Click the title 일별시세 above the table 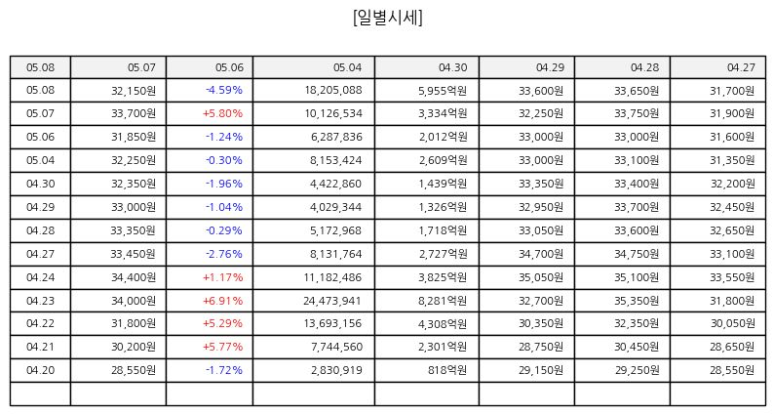tap(388, 18)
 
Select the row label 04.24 tap(41, 277)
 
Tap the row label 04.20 tap(41, 370)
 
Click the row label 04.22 tap(41, 323)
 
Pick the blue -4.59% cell tap(224, 90)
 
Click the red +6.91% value tap(222, 301)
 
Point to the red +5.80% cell tap(222, 113)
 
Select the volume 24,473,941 tap(332, 301)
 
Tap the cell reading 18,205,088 tap(333, 90)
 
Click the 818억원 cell tap(447, 370)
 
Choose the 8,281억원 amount tap(443, 301)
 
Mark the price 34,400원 tap(134, 277)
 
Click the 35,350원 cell tap(637, 301)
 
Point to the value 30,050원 tap(732, 323)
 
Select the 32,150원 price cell tap(134, 90)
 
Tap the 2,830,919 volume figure tap(336, 370)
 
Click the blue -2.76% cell tap(224, 254)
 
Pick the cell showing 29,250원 tap(637, 370)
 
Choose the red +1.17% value tap(222, 277)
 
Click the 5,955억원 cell tap(443, 90)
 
